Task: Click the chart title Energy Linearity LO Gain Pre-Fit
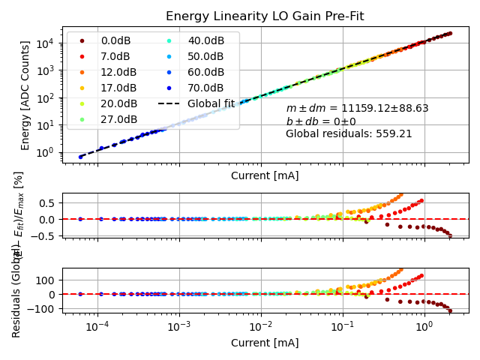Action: (x=266, y=16)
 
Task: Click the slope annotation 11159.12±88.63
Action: (x=357, y=109)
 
